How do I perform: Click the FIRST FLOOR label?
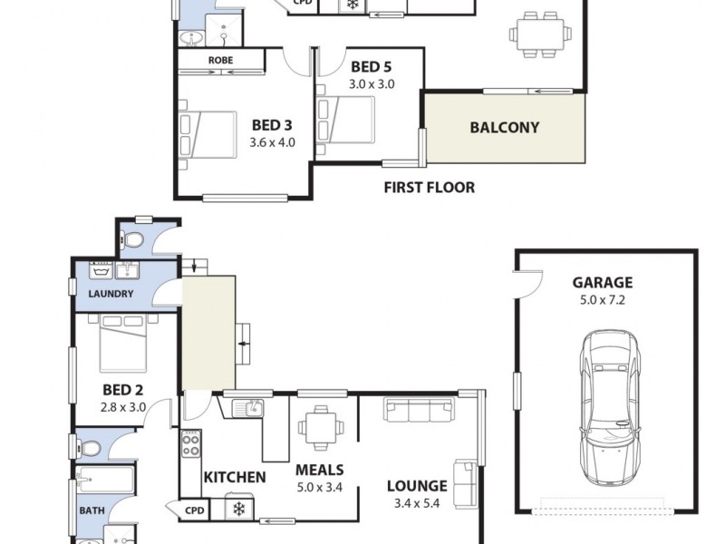tap(429, 188)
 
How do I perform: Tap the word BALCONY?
tap(504, 128)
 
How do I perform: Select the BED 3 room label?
tap(272, 126)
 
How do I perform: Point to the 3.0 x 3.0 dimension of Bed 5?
tap(371, 83)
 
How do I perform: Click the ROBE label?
tap(220, 61)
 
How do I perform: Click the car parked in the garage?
tap(608, 408)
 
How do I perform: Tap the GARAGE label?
tap(602, 282)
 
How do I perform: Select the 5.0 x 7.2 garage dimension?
tap(602, 299)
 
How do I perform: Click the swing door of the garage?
tap(529, 284)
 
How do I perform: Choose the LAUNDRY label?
tap(111, 294)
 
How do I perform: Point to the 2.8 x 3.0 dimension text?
tap(124, 408)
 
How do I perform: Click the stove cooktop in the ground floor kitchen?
tap(192, 442)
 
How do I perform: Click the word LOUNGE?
tap(417, 486)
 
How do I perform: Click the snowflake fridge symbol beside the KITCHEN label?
tap(239, 509)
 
